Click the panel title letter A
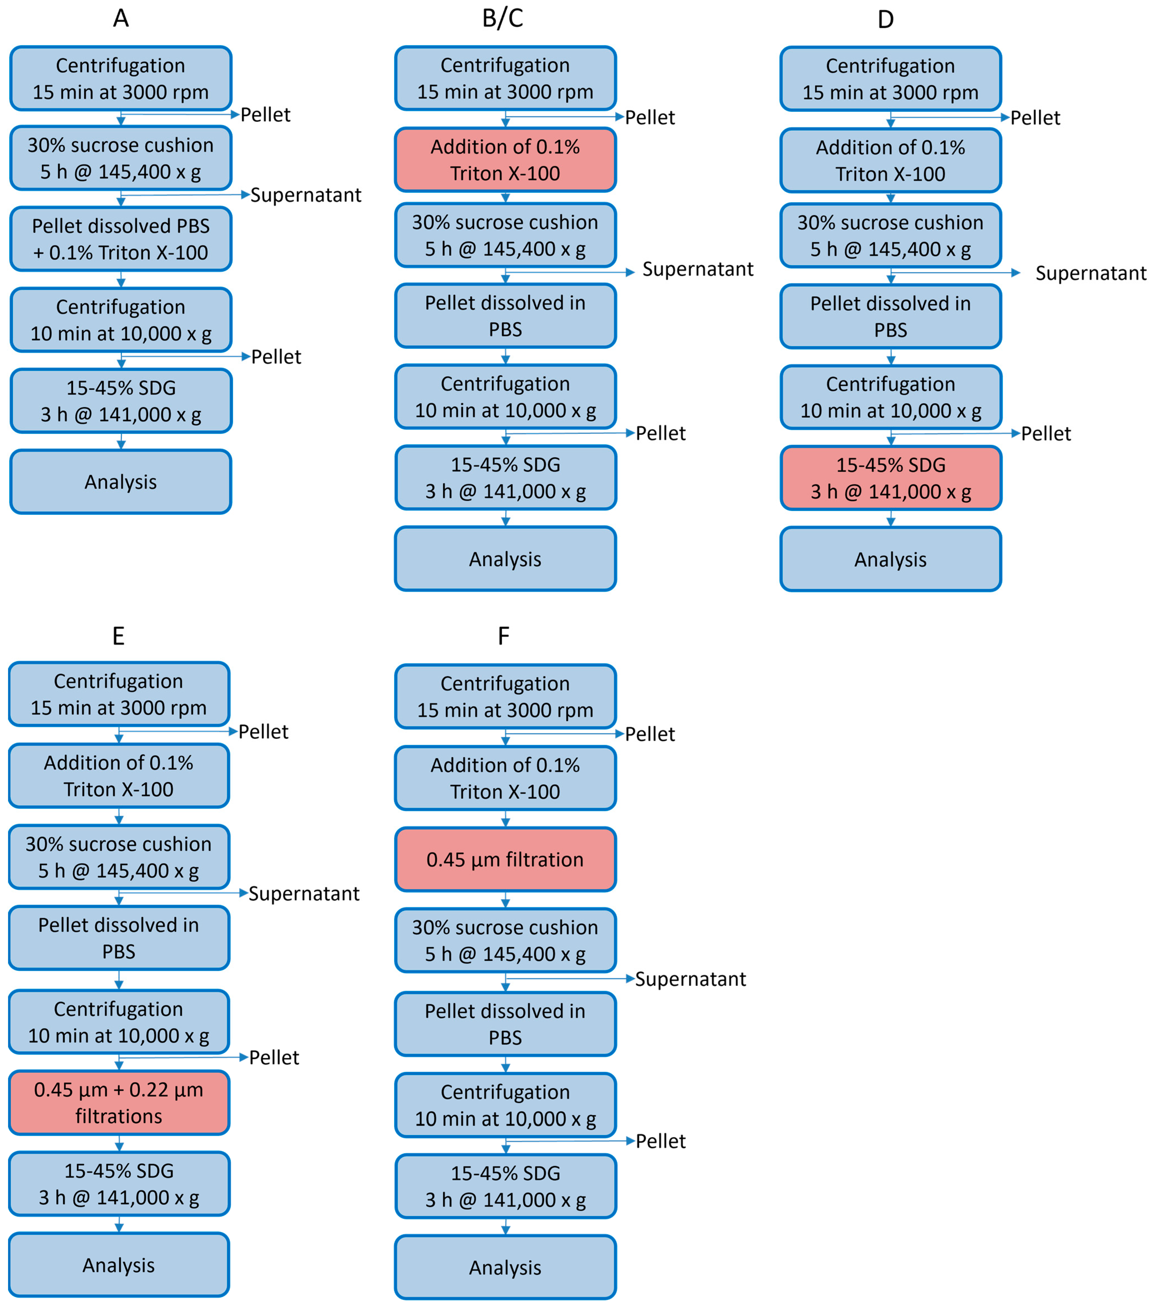click(x=121, y=19)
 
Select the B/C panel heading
click(x=503, y=19)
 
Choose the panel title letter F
click(x=503, y=636)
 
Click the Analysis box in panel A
click(x=121, y=482)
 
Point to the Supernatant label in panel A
click(x=306, y=195)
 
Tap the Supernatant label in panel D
click(x=1090, y=273)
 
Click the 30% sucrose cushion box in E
click(x=119, y=857)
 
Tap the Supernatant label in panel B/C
click(x=698, y=269)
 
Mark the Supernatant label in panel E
click(x=304, y=893)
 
